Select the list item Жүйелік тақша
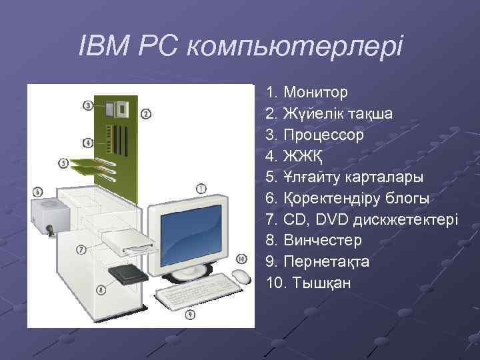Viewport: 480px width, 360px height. coord(337,113)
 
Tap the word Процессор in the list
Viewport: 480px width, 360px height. coord(323,135)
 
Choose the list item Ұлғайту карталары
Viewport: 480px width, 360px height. coord(344,177)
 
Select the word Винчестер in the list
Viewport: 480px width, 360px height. coord(323,240)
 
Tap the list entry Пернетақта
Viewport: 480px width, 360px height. coord(326,261)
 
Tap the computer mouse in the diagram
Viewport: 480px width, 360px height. coord(241,276)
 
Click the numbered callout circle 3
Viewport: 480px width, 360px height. coord(88,105)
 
